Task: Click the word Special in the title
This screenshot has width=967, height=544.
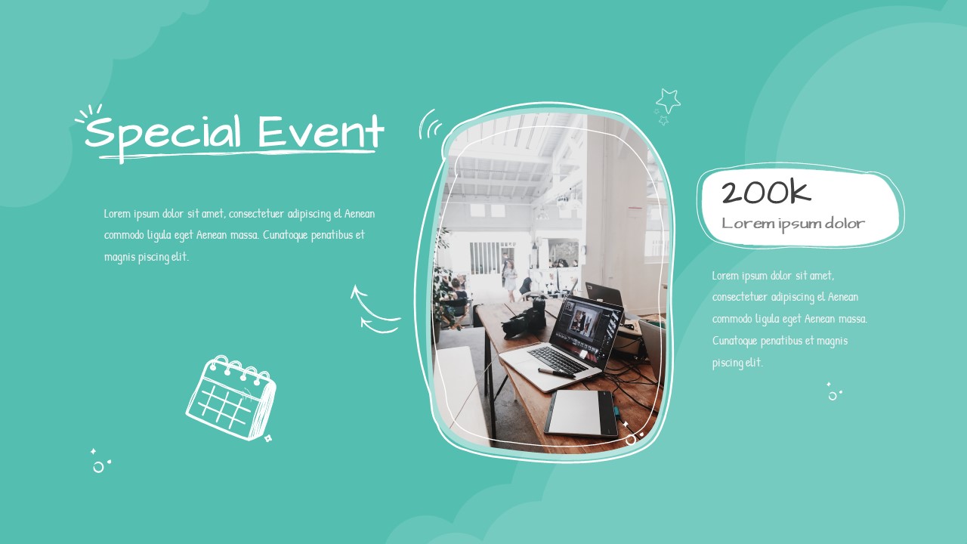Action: point(163,134)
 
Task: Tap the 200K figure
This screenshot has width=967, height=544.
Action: point(765,193)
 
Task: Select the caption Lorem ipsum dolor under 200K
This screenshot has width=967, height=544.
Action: point(792,224)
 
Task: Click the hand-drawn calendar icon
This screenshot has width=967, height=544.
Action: point(230,397)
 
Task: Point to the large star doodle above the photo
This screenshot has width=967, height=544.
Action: point(668,100)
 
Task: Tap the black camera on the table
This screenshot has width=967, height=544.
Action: point(525,317)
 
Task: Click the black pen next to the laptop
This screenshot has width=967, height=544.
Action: point(556,372)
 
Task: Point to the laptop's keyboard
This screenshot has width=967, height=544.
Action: point(558,359)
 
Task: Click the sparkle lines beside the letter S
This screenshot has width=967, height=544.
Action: point(88,114)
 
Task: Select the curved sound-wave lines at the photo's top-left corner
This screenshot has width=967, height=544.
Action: point(430,125)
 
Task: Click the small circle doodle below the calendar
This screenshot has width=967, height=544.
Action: point(98,468)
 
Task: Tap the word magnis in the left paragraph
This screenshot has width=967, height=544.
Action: point(119,257)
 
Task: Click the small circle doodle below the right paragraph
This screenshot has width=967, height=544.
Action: point(833,395)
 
